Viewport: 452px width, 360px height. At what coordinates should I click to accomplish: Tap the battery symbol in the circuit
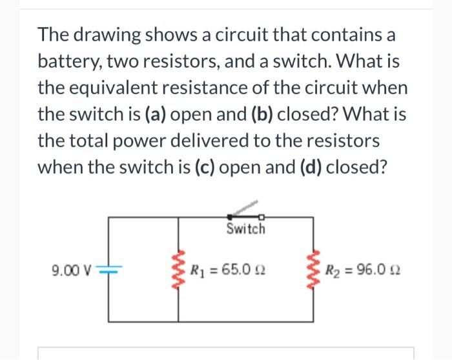point(108,269)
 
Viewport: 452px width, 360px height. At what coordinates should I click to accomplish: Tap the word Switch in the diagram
point(246,230)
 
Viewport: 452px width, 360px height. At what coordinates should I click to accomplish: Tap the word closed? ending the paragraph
point(358,166)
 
